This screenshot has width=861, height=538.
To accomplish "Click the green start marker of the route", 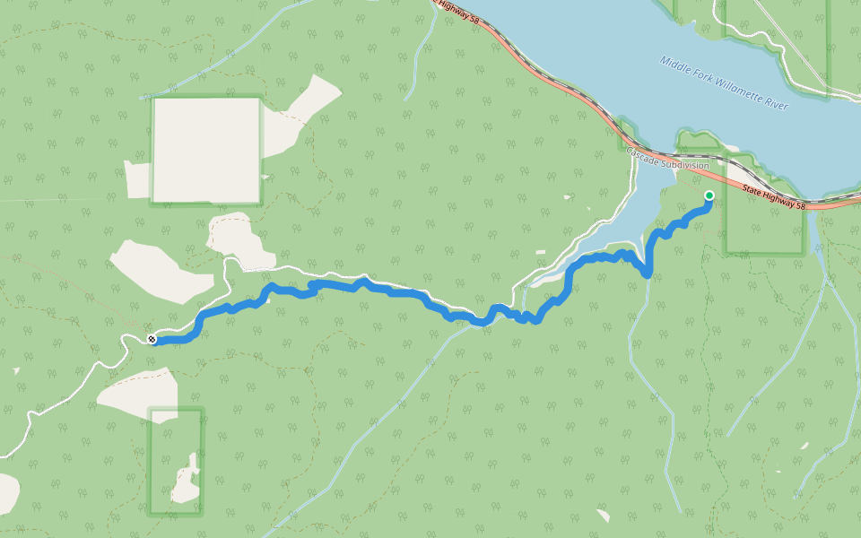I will pos(709,195).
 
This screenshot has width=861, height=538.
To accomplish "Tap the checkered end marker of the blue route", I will pos(152,339).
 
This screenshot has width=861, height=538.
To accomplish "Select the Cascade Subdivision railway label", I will pos(667,160).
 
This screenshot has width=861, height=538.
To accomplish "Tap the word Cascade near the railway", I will pos(643,154).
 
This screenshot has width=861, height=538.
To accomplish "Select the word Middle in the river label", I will pos(674,63).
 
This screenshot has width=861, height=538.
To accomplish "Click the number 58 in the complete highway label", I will pos(801,205).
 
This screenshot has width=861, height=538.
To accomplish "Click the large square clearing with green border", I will pos(206,149).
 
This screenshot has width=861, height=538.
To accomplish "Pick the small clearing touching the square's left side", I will pos(136,179).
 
